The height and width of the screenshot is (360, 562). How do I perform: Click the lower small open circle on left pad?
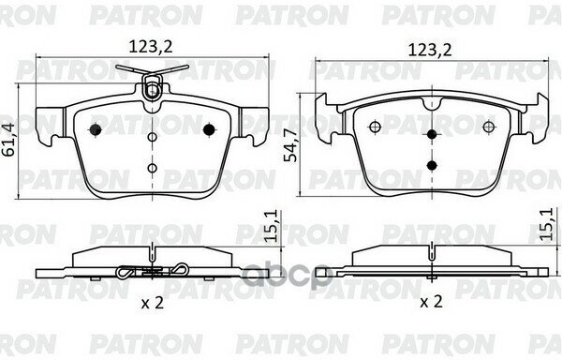(152, 167)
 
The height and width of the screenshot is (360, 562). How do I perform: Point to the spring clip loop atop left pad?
(151, 89)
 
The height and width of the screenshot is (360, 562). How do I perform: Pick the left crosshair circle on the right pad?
(374, 127)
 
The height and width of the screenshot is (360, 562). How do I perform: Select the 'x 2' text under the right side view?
(431, 302)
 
